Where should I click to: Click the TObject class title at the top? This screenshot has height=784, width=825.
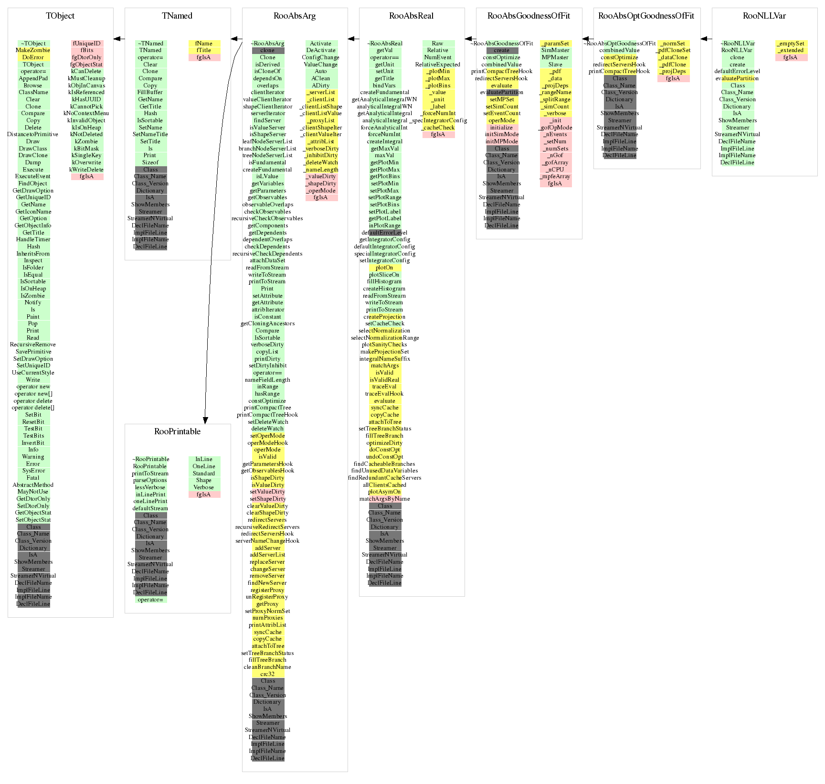60,16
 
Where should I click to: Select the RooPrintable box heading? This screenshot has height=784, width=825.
177,431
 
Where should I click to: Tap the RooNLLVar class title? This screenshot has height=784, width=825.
764,16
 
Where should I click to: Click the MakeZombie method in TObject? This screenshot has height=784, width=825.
33,50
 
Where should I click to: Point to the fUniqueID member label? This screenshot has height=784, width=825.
86,43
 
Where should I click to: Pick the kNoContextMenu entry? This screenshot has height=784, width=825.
86,113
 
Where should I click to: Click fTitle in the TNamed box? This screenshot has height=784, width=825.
204,50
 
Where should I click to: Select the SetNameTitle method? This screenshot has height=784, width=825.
150,134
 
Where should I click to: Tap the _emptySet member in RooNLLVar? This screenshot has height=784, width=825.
791,43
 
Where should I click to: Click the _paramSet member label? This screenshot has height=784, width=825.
555,43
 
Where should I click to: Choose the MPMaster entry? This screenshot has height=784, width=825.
555,57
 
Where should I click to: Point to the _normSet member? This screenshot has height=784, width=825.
673,43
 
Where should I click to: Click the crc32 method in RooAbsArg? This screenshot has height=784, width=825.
267,674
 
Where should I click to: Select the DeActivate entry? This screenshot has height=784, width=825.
321,50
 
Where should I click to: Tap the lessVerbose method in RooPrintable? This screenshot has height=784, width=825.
150,487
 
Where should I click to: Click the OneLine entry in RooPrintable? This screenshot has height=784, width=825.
204,466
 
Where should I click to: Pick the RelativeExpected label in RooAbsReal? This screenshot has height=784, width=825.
438,64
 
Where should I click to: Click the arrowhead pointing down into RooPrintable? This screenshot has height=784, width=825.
205,420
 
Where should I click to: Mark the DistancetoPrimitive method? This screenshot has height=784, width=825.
33,134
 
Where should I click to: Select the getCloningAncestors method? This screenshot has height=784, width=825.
267,323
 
